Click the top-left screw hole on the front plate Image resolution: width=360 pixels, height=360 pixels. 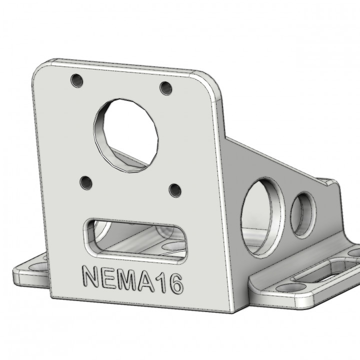76,80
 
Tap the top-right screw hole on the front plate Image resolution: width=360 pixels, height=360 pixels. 166,88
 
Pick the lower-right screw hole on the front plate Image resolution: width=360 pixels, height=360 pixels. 175,190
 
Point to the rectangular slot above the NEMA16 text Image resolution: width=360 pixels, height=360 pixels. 135,240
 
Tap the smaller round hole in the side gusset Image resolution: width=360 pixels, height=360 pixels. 303,215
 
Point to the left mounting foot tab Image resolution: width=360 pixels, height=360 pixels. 30,272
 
